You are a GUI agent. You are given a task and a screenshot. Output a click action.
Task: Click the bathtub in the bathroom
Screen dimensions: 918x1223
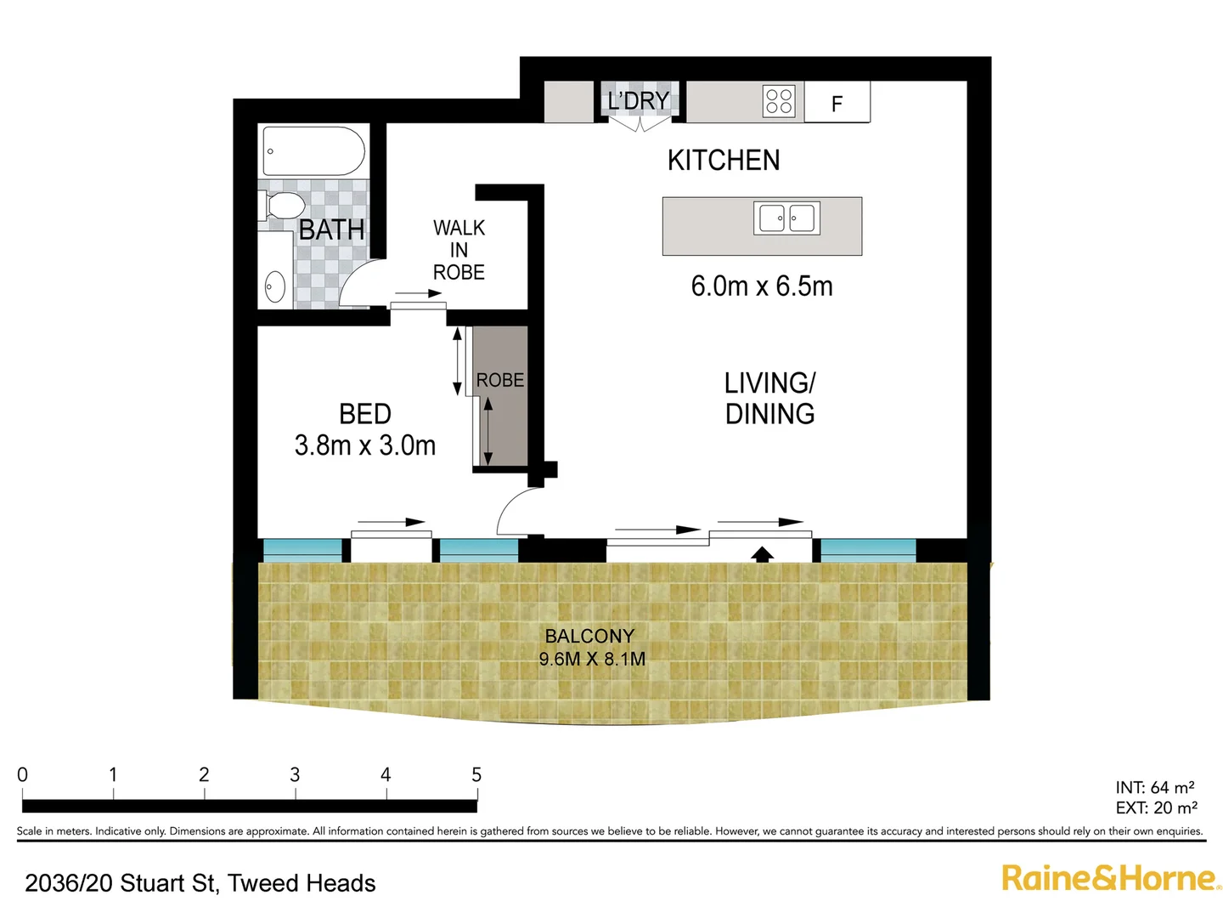(313, 151)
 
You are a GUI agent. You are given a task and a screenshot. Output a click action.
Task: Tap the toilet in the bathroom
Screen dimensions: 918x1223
(283, 206)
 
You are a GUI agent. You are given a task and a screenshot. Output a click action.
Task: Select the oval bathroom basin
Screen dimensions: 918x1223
(274, 286)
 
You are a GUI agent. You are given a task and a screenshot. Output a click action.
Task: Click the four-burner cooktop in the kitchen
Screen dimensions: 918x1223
(779, 101)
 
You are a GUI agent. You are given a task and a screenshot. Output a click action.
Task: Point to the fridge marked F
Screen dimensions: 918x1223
(837, 103)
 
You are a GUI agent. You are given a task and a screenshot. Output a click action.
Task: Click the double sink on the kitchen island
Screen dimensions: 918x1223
(786, 218)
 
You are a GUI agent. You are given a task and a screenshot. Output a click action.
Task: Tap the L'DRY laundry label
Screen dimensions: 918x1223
(638, 101)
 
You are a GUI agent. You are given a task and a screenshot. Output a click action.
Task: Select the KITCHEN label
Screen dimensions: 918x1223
(723, 160)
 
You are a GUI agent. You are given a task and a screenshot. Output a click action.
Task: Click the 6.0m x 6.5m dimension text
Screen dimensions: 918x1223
(761, 286)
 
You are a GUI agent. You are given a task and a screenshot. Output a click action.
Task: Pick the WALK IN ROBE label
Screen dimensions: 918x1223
(459, 250)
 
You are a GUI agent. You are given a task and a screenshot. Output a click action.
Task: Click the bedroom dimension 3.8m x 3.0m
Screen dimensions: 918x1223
(364, 445)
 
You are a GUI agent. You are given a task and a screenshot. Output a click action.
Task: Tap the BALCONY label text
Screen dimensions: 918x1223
(589, 636)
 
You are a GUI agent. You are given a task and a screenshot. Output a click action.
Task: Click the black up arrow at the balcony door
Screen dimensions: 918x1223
(762, 554)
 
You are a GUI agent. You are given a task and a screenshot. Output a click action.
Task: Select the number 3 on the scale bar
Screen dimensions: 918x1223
(295, 774)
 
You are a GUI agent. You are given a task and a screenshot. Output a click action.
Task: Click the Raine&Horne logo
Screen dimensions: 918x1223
(1109, 878)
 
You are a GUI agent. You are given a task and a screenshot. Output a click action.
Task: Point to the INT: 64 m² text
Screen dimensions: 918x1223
(1154, 787)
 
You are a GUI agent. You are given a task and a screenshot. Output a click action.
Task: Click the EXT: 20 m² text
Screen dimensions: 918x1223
(1156, 807)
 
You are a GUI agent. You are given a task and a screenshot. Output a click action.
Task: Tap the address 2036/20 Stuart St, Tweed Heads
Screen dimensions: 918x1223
(200, 883)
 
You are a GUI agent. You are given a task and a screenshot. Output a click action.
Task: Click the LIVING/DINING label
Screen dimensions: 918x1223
(769, 398)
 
